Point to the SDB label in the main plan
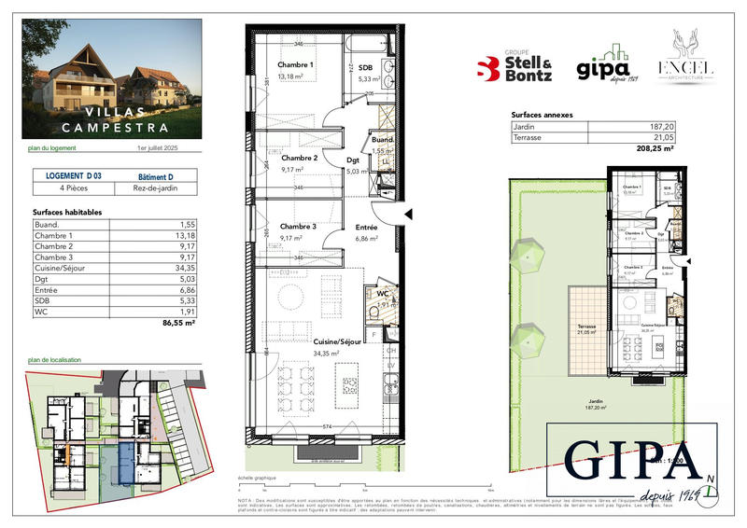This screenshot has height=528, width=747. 365,67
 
